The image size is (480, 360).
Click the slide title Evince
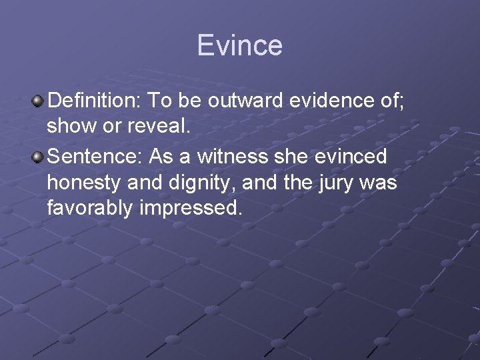click(240, 45)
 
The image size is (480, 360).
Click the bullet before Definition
click(38, 101)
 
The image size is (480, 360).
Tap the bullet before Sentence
click(38, 157)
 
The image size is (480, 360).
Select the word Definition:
click(94, 101)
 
